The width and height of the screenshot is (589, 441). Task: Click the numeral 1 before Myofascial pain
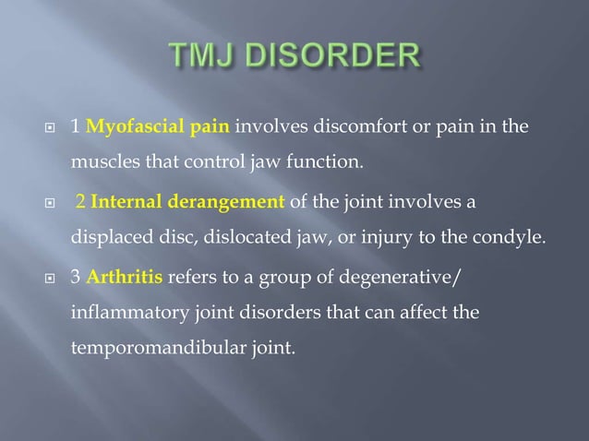[75, 126]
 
